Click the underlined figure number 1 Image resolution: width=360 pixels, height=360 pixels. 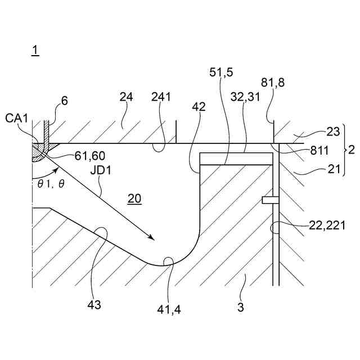click(35, 51)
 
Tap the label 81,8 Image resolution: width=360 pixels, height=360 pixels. click(273, 83)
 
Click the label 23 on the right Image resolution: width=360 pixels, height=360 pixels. click(333, 132)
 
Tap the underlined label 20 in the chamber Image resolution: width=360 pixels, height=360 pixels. click(135, 198)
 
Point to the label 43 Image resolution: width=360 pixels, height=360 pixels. click(94, 305)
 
